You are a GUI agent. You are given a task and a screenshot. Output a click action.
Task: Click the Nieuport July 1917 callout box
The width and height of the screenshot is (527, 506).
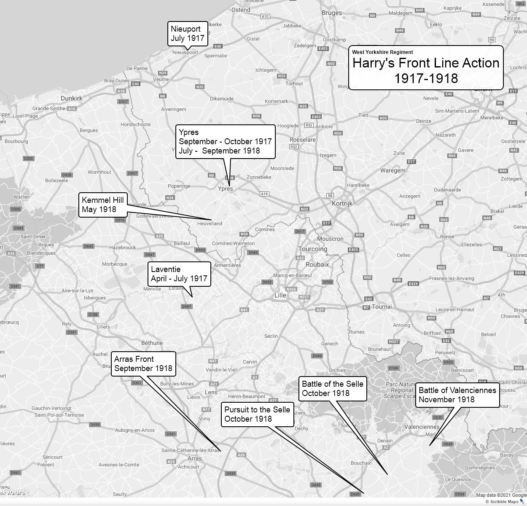188,34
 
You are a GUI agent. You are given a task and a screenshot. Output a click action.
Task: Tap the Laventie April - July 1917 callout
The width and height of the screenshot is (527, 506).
179,274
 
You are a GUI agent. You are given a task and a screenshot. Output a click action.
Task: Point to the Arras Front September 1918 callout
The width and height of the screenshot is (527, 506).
143,364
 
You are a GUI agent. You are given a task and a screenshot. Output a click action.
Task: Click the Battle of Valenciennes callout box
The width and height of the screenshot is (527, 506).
457,395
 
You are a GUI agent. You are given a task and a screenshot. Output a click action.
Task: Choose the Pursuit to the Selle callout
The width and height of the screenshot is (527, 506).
257,414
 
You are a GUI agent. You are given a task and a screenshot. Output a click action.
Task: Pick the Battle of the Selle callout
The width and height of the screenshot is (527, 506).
333,388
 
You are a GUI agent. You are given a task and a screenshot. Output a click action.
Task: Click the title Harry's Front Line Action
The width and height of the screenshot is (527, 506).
426,63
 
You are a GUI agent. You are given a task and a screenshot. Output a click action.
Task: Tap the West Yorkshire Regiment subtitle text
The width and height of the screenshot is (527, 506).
382,52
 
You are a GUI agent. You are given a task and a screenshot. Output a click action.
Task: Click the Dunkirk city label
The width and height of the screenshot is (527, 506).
72,98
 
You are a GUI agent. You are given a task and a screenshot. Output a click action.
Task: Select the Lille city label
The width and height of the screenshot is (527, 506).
280,295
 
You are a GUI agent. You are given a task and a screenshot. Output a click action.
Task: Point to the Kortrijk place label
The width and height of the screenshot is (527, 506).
342,203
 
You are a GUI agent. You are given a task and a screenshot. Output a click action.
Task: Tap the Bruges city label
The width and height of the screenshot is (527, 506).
332,13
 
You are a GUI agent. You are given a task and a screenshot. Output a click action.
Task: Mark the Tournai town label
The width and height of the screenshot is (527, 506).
382,307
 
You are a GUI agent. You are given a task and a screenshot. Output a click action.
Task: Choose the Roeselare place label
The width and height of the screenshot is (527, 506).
303,140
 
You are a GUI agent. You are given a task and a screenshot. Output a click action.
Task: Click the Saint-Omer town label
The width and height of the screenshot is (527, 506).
33,237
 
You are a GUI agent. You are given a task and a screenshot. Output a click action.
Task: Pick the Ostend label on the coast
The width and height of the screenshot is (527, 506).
241,10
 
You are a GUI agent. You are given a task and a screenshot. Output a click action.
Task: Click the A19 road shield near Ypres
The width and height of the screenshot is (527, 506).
264,194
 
